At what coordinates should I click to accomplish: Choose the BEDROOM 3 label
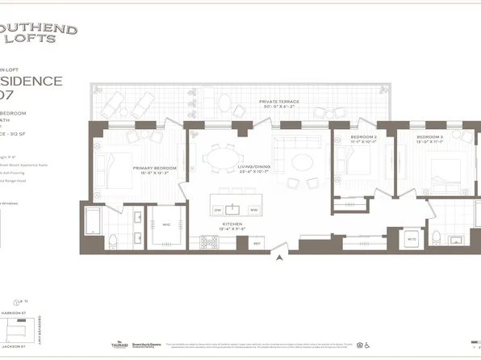point(429,138)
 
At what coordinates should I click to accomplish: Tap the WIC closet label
point(166,224)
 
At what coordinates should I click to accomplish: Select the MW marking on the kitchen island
point(253,209)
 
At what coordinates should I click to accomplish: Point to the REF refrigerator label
point(257,243)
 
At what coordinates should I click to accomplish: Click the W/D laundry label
point(411,239)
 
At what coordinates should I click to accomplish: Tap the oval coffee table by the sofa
point(303,161)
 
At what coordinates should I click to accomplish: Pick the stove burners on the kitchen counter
point(204,241)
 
